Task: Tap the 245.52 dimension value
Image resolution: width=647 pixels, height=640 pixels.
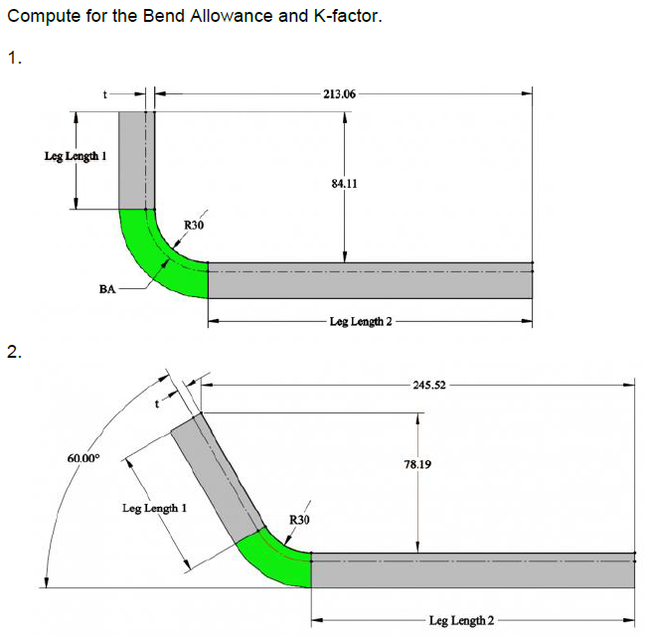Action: tap(428, 384)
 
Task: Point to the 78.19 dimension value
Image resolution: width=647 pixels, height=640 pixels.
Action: tap(417, 464)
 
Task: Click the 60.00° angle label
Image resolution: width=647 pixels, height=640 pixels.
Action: tap(83, 457)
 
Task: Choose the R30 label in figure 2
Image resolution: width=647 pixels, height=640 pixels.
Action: tap(299, 520)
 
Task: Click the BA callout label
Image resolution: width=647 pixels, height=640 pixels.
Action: tap(108, 289)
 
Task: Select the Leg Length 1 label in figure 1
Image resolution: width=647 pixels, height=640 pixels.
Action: tap(76, 156)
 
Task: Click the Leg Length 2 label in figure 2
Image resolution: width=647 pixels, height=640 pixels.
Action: tap(461, 621)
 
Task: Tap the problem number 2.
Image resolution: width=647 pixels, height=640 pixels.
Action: tap(12, 351)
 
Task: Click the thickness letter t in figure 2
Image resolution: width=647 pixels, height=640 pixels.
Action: tap(156, 403)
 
